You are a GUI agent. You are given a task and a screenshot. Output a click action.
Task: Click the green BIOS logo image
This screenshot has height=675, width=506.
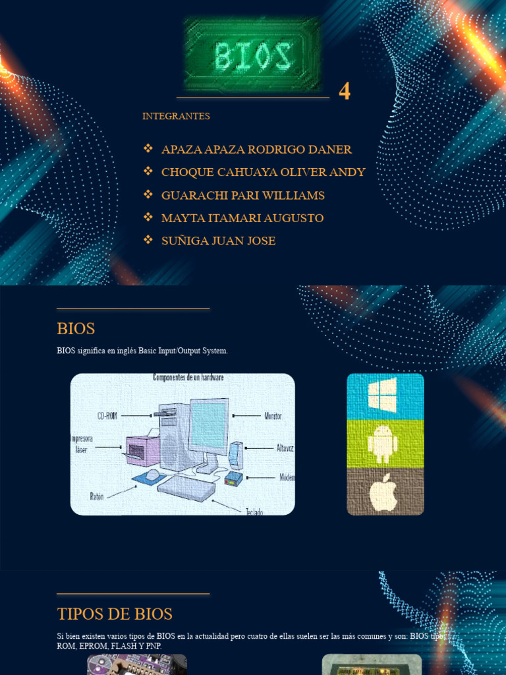[x=253, y=54]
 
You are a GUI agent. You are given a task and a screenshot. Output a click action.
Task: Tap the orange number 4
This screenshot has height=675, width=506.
[x=345, y=92]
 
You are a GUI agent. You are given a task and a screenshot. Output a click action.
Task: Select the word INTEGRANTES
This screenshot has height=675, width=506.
[x=176, y=116]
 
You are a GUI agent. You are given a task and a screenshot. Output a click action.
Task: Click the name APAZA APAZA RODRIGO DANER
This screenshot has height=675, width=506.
[x=256, y=150]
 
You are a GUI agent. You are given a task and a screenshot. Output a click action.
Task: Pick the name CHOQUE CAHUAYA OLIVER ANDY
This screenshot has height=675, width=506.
[x=263, y=172]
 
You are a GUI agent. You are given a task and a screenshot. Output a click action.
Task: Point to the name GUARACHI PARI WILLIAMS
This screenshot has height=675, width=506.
[x=242, y=195]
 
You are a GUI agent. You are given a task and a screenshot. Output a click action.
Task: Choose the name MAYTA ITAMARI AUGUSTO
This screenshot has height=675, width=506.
[x=242, y=218]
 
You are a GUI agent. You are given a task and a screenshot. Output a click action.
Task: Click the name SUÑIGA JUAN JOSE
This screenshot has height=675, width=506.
[x=218, y=241]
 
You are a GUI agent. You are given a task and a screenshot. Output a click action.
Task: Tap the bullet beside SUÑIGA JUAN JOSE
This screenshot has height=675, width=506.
[x=148, y=240]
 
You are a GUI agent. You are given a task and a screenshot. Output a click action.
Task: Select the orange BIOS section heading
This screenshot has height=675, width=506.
[x=76, y=328]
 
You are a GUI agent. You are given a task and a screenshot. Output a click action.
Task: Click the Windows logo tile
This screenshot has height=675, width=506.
[x=385, y=396]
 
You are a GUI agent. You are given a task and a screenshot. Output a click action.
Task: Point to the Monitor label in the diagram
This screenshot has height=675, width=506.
[x=273, y=416]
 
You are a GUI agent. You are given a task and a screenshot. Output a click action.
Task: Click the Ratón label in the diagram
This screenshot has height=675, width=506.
[x=97, y=494]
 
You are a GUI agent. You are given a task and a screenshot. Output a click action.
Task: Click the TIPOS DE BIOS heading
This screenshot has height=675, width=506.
[x=115, y=614]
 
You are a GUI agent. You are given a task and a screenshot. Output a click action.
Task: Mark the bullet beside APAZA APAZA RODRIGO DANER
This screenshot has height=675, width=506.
[x=148, y=149]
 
